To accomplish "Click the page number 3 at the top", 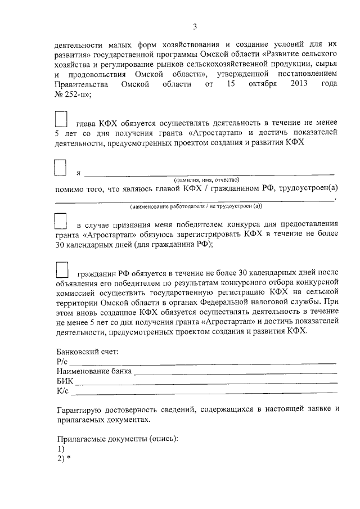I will tap(195, 26).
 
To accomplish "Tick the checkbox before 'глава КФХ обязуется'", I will tap(61, 119).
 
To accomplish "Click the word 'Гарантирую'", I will tap(80, 409).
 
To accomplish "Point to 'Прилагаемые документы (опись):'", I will tap(118, 439).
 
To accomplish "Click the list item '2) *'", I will tap(64, 458).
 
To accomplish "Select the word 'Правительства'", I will tap(81, 84).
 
